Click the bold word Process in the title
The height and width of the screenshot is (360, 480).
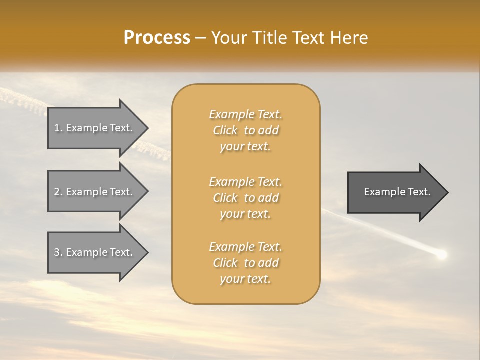click(x=157, y=38)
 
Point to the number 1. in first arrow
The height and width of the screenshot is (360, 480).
click(x=58, y=128)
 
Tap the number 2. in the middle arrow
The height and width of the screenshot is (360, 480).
click(x=58, y=192)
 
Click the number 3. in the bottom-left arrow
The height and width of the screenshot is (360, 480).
click(x=58, y=252)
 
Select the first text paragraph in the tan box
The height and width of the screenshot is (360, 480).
click(x=245, y=130)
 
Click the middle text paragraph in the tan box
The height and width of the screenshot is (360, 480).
click(x=245, y=198)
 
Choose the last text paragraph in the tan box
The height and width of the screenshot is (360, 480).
click(x=245, y=263)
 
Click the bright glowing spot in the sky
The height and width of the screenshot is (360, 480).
click(x=441, y=255)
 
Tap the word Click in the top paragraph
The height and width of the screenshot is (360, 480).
click(x=225, y=130)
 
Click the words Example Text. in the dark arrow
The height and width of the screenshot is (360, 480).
click(x=397, y=192)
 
